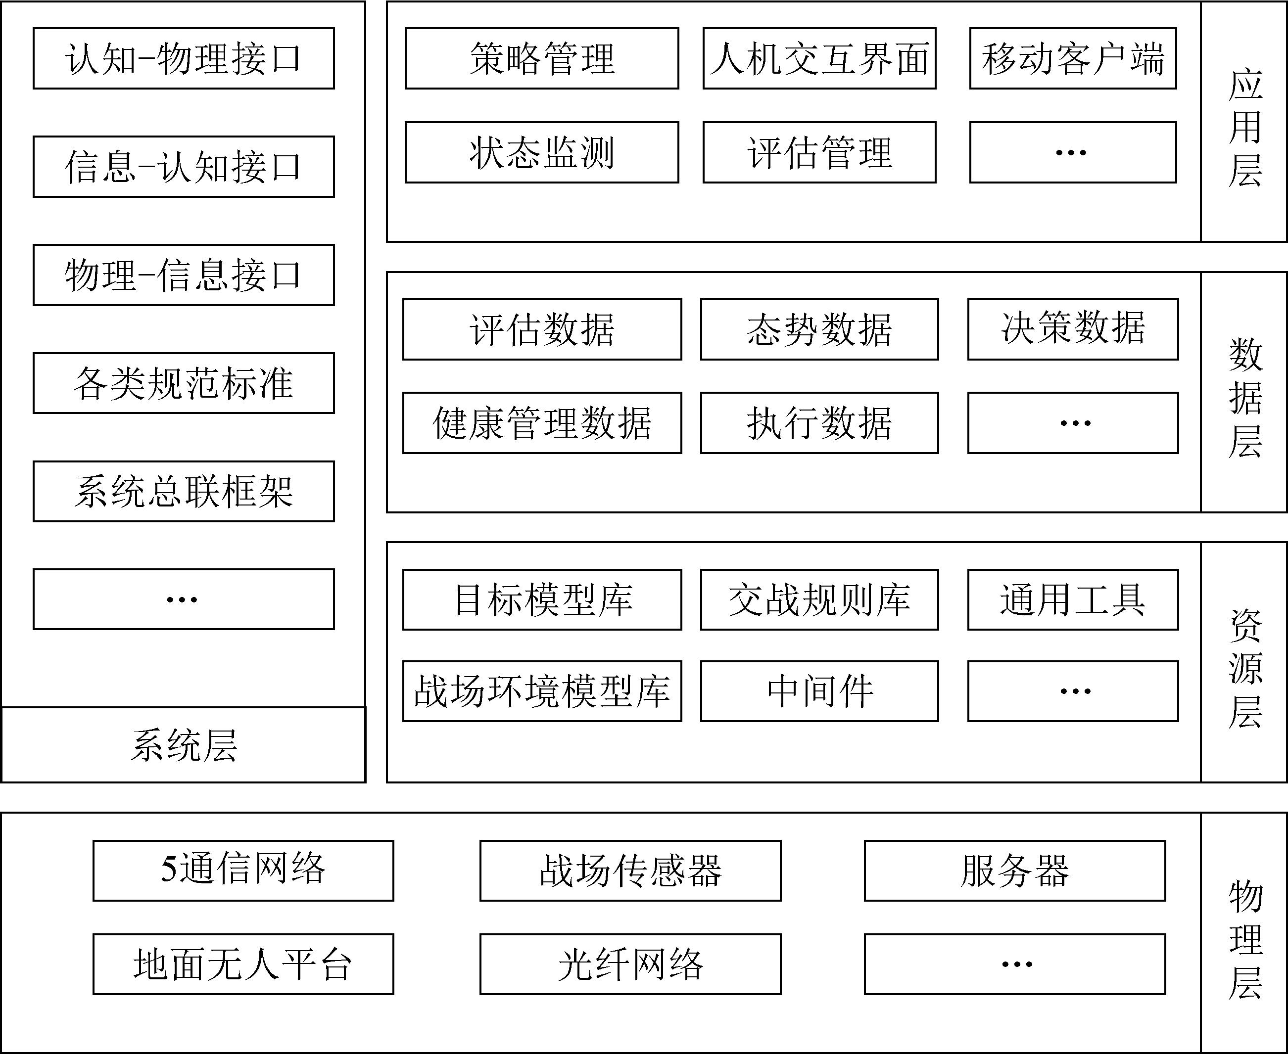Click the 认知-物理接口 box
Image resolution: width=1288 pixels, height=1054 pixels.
coord(184,58)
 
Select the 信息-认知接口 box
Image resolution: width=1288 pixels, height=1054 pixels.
coord(184,166)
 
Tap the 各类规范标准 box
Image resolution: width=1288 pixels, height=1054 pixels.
coord(184,383)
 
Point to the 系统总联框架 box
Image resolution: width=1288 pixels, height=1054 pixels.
coord(184,491)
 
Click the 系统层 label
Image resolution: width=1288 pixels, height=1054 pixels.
coord(184,745)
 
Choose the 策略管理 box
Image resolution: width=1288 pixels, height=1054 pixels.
coord(542,58)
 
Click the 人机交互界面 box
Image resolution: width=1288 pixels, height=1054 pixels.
coord(819,58)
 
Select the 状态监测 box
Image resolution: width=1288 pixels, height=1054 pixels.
coord(542,152)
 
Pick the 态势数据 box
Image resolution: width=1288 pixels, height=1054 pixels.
coord(819,329)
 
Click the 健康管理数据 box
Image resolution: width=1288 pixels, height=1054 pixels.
coord(542,422)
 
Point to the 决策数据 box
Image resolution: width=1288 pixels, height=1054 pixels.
coord(1073,329)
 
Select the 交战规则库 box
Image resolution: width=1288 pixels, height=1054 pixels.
coord(819,599)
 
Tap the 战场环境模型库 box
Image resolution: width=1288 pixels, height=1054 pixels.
coord(542,691)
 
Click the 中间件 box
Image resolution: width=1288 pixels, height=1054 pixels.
coord(819,691)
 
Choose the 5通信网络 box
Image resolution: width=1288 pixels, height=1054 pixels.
coord(243,871)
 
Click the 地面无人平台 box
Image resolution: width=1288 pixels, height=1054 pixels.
coord(243,964)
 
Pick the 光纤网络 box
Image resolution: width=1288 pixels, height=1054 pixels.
coord(630,964)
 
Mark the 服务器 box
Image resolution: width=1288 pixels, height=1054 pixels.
coord(1015,871)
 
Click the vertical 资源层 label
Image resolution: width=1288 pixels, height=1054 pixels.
coord(1245,668)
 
